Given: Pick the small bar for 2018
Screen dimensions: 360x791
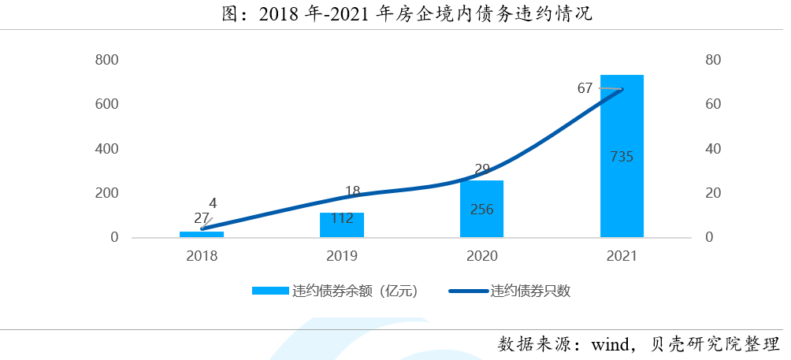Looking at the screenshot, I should click(x=202, y=234).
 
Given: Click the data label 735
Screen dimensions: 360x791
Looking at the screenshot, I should click(x=622, y=157).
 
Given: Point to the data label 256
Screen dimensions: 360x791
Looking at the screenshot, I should click(x=481, y=210).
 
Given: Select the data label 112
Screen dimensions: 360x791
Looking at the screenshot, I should click(x=341, y=219).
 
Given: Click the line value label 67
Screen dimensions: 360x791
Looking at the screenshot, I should click(x=585, y=88).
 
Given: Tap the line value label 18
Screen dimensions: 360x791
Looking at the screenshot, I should click(x=352, y=191).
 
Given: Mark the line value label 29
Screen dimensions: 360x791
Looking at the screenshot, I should click(x=483, y=169).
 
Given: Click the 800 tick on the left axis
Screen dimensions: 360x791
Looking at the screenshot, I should click(x=106, y=60).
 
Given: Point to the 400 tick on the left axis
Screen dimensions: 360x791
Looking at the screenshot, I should click(x=106, y=149).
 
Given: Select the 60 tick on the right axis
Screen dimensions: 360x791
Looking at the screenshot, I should click(x=713, y=105).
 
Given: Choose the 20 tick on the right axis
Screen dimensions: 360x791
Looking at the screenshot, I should click(x=713, y=193).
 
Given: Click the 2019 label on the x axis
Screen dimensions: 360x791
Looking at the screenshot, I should click(x=341, y=256).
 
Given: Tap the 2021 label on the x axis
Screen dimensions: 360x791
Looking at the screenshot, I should click(x=622, y=256).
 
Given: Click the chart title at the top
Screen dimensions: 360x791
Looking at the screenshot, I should click(x=395, y=14).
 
